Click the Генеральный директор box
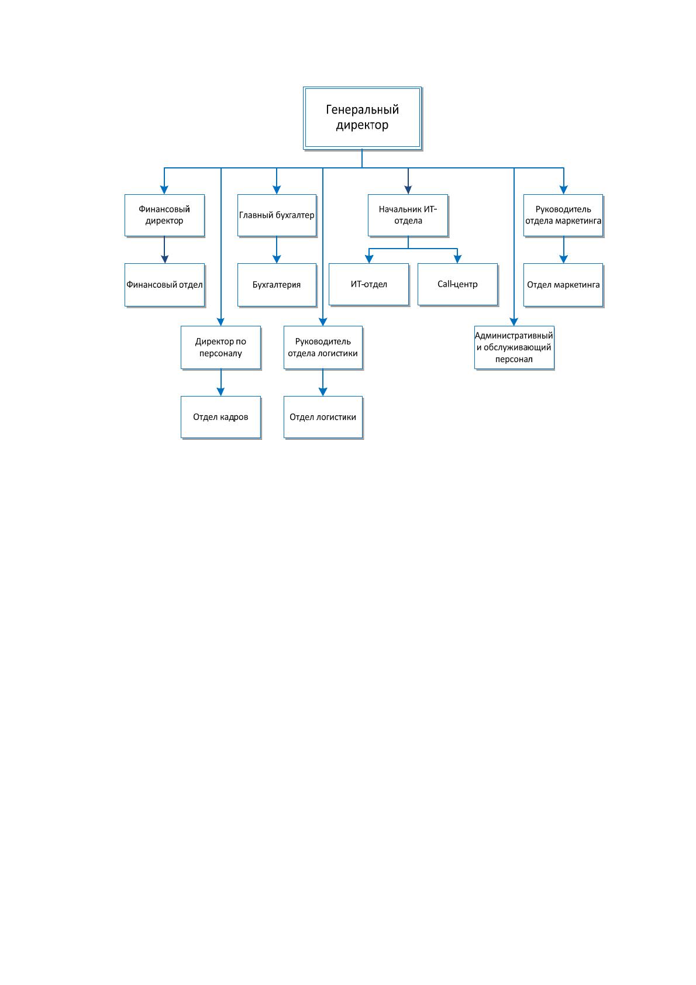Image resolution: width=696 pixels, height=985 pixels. (362, 118)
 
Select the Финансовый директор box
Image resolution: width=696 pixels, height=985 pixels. (164, 215)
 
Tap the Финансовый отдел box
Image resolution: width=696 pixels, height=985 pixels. (164, 284)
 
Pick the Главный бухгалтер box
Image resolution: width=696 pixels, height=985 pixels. (277, 215)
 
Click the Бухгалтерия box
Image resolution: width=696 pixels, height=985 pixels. (277, 284)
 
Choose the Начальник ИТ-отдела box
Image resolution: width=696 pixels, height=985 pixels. (408, 215)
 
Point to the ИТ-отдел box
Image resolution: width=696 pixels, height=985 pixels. (369, 284)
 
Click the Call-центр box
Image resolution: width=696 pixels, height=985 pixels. (457, 284)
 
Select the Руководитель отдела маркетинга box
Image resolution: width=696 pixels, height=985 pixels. (563, 215)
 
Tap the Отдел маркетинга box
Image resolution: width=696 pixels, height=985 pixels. (563, 284)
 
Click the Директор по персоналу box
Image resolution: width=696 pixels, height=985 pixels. (220, 347)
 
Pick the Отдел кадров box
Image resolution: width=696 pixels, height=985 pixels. (220, 417)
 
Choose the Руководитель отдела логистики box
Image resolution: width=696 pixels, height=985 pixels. (323, 347)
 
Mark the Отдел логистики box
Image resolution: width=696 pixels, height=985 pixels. (323, 417)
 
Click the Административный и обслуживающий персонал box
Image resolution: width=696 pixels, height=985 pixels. (514, 347)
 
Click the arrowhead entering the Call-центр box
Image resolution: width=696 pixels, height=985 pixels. (457, 259)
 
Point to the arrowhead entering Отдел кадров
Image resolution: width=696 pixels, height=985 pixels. (220, 391)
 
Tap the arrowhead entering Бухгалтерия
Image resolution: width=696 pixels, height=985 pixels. (277, 259)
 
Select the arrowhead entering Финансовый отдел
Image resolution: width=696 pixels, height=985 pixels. (164, 259)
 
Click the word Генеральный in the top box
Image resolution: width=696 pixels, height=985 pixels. (362, 109)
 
